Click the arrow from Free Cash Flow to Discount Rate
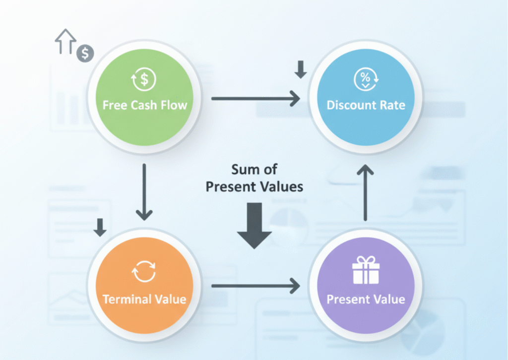(x=255, y=99)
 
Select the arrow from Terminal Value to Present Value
(x=255, y=286)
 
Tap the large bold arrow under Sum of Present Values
(x=254, y=226)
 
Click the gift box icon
(x=366, y=272)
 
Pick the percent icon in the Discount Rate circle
(x=366, y=79)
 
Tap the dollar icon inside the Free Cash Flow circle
(x=144, y=79)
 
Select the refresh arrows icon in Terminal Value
(x=144, y=272)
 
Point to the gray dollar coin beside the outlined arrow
(x=85, y=53)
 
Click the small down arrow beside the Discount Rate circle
(x=300, y=70)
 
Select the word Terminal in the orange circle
(x=123, y=299)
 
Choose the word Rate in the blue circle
(x=393, y=105)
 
